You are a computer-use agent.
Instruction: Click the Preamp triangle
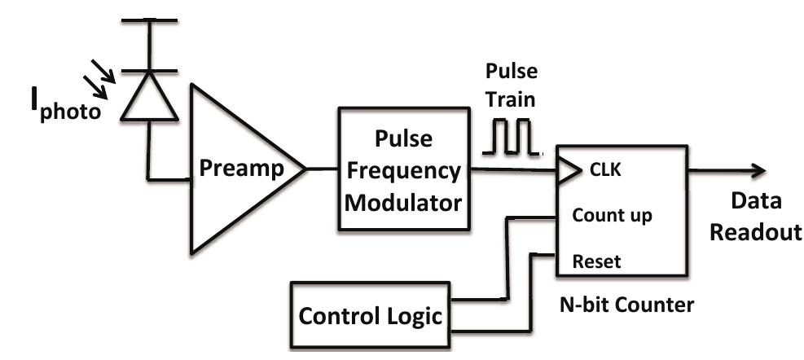tap(236, 169)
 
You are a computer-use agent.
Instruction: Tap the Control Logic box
tap(370, 314)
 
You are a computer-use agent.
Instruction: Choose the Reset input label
tap(596, 261)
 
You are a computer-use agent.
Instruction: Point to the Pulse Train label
tap(511, 82)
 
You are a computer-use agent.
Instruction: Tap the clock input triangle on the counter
tap(565, 170)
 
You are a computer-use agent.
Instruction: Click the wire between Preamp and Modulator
tap(322, 169)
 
